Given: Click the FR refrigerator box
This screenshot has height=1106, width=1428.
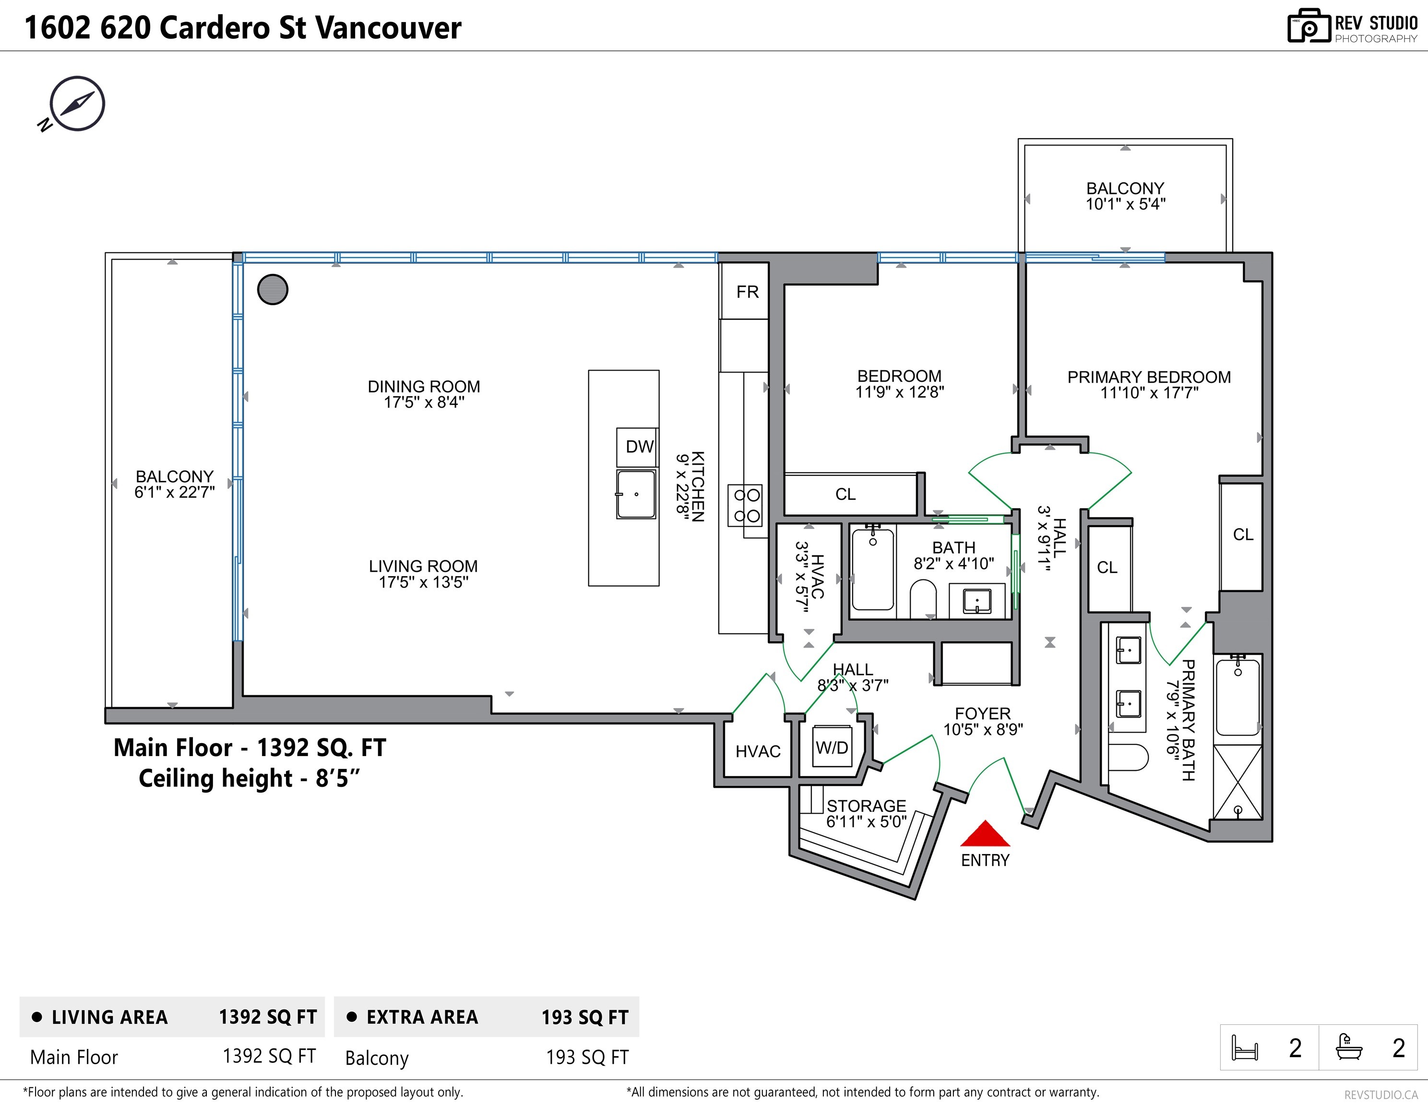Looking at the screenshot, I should (x=745, y=291).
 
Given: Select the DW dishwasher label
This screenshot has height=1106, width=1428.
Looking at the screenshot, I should (x=639, y=447).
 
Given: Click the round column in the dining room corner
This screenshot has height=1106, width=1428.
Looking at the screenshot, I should (x=273, y=289).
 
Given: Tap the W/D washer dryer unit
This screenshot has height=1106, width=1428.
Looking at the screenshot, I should (x=832, y=747).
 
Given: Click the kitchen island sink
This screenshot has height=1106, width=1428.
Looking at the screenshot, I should (x=635, y=494).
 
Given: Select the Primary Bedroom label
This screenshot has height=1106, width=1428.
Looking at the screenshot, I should (x=1149, y=377).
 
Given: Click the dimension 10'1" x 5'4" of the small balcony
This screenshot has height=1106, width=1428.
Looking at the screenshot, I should (x=1125, y=204).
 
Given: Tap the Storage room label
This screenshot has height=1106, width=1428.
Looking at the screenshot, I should (x=866, y=806).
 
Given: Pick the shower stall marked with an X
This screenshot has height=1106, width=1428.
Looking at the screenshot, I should (x=1237, y=782).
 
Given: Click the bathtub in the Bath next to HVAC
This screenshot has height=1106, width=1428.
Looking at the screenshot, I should (x=873, y=569).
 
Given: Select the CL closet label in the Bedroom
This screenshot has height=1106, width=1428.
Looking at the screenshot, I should (x=845, y=494).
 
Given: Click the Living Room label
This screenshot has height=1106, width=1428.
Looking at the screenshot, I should (x=423, y=566).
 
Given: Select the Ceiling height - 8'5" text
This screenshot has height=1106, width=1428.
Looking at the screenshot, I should (x=249, y=778).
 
